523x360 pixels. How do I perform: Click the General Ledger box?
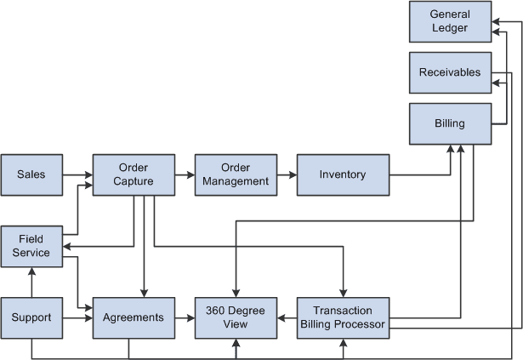pyautogui.click(x=450, y=21)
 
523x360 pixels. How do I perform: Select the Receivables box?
pyautogui.click(x=450, y=72)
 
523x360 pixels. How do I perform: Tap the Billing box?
pyautogui.click(x=450, y=123)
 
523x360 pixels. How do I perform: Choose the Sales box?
pyautogui.click(x=31, y=174)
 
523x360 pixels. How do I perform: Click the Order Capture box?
pyautogui.click(x=134, y=174)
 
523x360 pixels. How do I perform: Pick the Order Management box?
pyautogui.click(x=235, y=174)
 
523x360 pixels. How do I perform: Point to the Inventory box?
pyautogui.click(x=343, y=174)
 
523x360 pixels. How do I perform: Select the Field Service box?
pyautogui.click(x=31, y=246)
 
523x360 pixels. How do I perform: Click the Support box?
pyautogui.click(x=31, y=317)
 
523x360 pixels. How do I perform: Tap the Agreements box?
pyautogui.click(x=134, y=317)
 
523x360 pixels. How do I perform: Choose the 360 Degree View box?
pyautogui.click(x=235, y=317)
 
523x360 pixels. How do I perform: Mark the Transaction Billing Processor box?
pyautogui.click(x=343, y=317)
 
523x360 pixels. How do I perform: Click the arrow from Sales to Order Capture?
pyautogui.click(x=77, y=174)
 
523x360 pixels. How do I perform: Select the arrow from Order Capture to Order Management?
pyautogui.click(x=185, y=174)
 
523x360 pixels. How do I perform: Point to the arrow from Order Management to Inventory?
pyautogui.click(x=287, y=174)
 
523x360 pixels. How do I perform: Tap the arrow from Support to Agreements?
pyautogui.click(x=77, y=317)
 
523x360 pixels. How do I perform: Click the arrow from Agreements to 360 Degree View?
pyautogui.click(x=185, y=317)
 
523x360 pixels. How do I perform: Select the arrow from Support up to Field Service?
pyautogui.click(x=31, y=282)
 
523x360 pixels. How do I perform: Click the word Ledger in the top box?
pyautogui.click(x=450, y=28)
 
